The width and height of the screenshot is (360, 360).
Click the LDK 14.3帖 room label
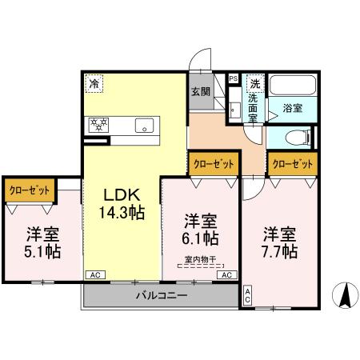[122, 202]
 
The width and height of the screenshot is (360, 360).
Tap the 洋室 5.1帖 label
[41, 243]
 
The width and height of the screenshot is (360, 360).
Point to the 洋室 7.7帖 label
[281, 242]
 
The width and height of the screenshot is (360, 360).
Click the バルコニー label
[160, 295]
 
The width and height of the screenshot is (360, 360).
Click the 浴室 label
[293, 106]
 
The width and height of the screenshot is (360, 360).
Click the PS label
[233, 78]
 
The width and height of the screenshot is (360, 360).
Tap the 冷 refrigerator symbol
[95, 82]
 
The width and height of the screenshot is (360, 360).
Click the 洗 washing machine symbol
[254, 82]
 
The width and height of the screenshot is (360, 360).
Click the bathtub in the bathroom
[291, 86]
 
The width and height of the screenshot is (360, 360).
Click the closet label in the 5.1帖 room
[30, 190]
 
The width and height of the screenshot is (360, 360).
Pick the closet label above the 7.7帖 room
[291, 163]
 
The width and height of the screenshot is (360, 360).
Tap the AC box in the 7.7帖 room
[248, 294]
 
